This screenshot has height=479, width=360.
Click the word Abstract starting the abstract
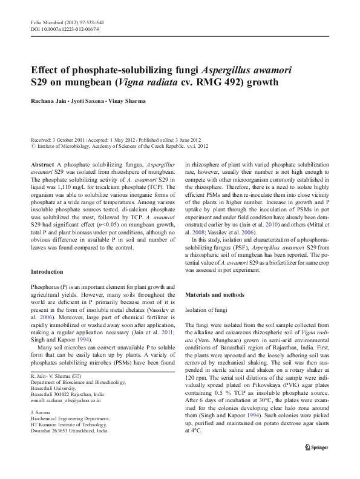pyautogui.click(x=42, y=165)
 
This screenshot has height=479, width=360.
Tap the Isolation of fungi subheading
pyautogui.click(x=208, y=309)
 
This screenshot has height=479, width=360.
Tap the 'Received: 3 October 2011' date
pyautogui.click(x=65, y=139)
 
